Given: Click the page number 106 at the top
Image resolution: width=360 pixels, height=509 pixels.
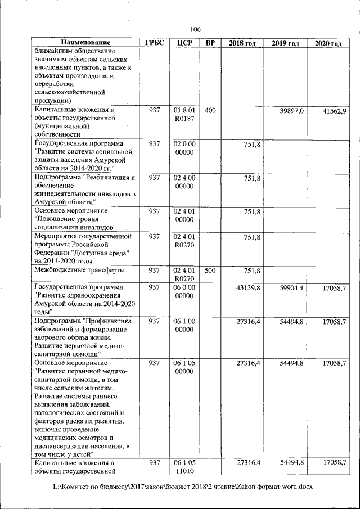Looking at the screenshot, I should pyautogui.click(x=195, y=29).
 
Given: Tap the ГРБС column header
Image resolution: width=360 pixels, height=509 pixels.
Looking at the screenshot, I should pyautogui.click(x=154, y=43).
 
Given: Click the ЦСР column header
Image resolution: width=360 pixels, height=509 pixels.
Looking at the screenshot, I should pyautogui.click(x=184, y=43).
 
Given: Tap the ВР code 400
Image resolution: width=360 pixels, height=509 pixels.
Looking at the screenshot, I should pyautogui.click(x=210, y=111).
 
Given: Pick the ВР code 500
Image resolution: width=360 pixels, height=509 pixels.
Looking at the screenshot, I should pyautogui.click(x=210, y=271).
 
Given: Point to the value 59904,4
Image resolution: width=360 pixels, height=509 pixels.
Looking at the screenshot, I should pyautogui.click(x=291, y=287).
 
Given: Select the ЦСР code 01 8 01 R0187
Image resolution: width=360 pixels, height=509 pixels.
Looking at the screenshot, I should pyautogui.click(x=184, y=115).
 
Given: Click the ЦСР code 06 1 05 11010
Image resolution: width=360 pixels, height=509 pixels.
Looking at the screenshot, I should pyautogui.click(x=184, y=466).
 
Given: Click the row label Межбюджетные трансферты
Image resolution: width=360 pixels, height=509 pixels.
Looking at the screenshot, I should pyautogui.click(x=79, y=271).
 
